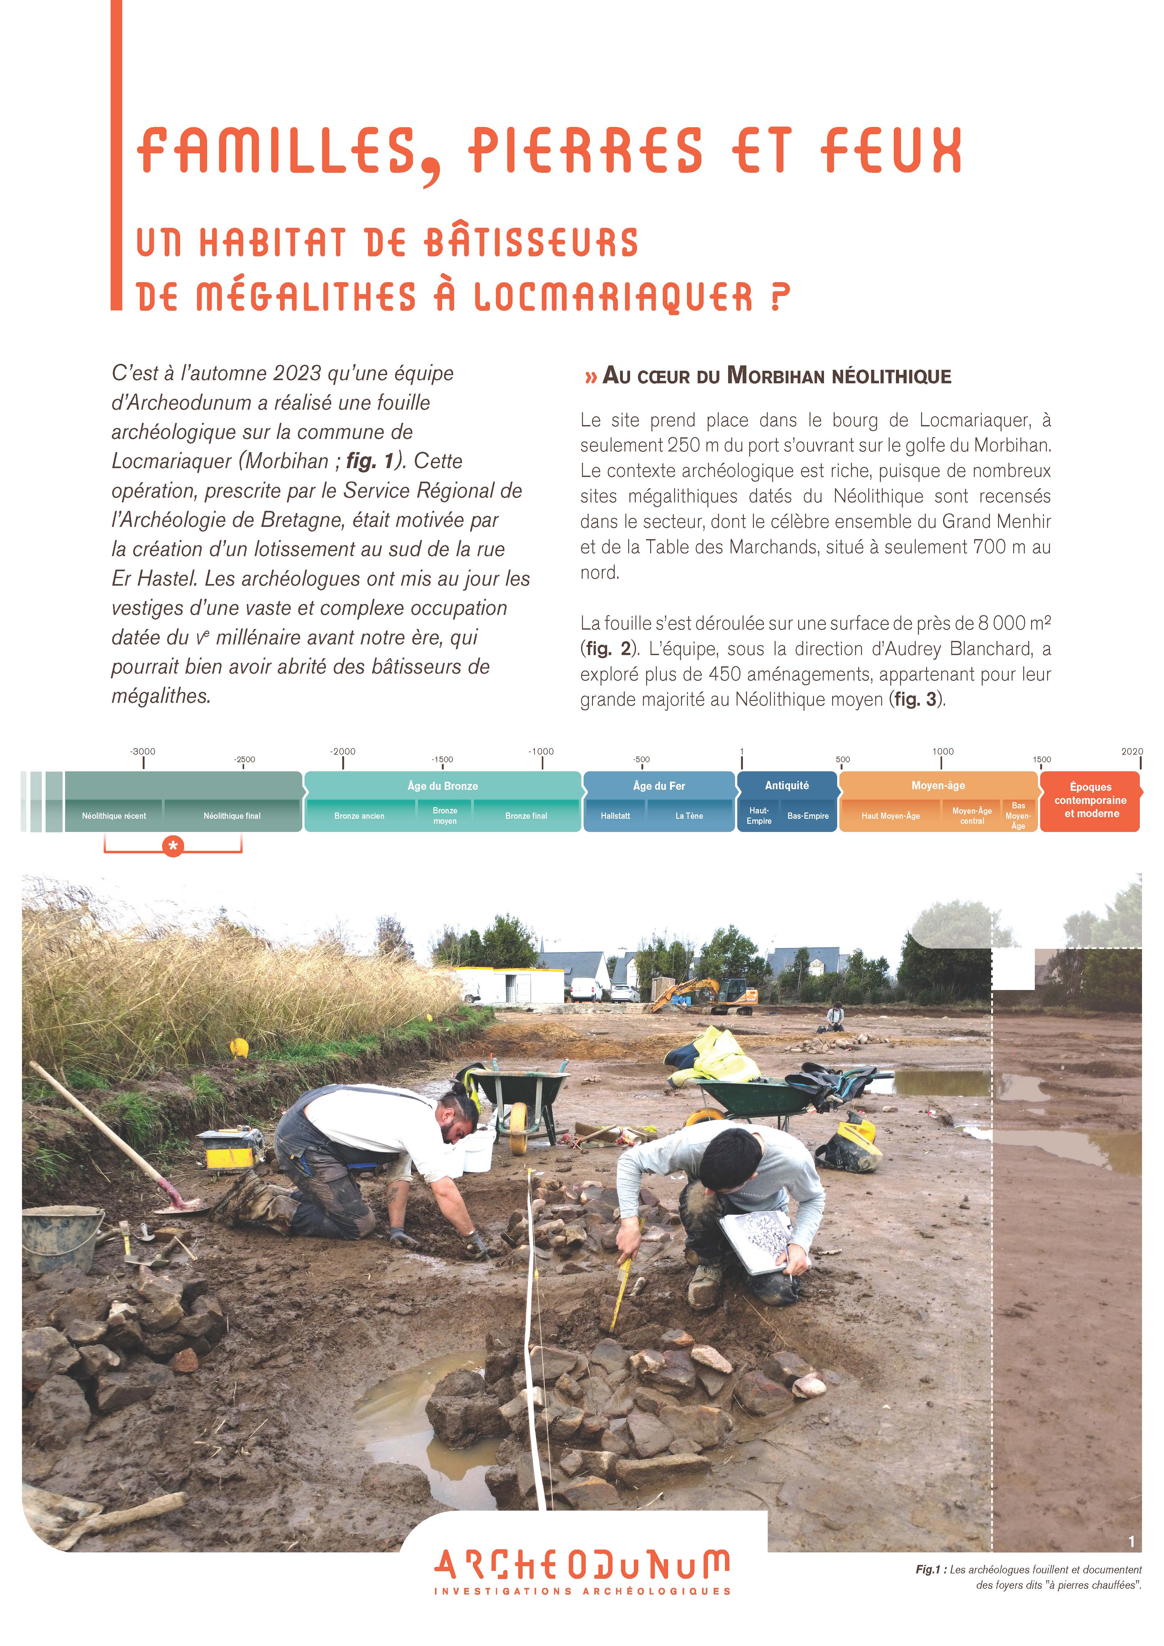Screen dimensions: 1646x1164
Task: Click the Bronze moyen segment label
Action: click(x=445, y=816)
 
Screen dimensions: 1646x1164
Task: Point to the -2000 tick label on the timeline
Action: click(x=343, y=751)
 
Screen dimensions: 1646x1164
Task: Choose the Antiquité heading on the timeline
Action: click(x=787, y=786)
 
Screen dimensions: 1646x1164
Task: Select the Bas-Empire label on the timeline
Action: click(x=808, y=816)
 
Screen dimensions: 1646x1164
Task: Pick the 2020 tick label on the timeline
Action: click(x=1132, y=751)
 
